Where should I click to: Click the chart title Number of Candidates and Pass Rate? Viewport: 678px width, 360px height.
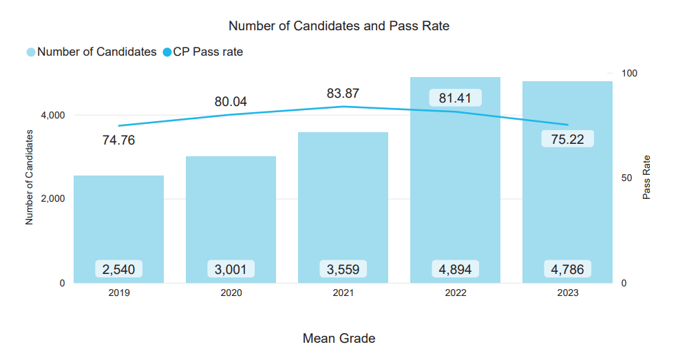click(339, 26)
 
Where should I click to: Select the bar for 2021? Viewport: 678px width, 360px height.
click(343, 207)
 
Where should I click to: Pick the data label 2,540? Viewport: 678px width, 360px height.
click(118, 269)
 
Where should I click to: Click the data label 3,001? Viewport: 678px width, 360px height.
click(231, 269)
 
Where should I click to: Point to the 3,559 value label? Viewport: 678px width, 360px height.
click(343, 269)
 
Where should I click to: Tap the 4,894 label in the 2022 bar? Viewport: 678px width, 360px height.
click(455, 269)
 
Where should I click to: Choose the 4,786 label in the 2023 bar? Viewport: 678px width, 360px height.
click(567, 269)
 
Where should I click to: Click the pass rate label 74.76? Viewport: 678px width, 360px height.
click(118, 141)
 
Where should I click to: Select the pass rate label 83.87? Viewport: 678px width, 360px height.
click(343, 94)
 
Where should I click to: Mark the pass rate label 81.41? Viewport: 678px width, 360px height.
click(455, 98)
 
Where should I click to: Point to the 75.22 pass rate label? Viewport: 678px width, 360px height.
click(567, 139)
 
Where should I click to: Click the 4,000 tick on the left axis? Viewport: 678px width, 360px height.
click(53, 115)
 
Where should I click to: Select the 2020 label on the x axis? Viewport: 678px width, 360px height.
click(231, 293)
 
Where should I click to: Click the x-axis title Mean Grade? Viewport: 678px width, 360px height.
click(339, 339)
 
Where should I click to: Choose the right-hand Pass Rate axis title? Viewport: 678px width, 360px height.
click(646, 178)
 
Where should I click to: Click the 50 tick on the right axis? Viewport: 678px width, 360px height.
click(627, 178)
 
